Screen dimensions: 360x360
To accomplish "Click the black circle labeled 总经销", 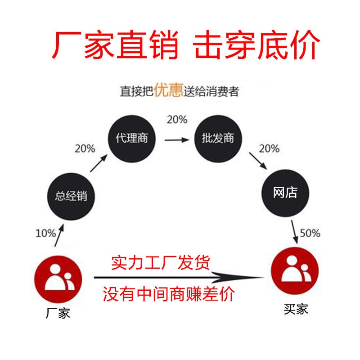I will point(71,196).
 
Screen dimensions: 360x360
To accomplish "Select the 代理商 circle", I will point(132,138).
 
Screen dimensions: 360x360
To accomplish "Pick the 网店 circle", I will point(285,193).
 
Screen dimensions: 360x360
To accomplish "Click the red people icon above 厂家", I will point(58,276).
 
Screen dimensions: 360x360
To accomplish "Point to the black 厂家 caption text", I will point(58,313).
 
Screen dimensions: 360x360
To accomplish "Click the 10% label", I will point(45,233).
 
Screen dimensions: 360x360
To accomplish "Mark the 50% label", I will point(310,233).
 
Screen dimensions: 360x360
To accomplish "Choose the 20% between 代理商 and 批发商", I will point(177,120).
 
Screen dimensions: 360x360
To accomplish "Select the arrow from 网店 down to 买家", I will point(295,231).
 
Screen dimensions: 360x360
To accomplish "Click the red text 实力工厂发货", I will point(160,262).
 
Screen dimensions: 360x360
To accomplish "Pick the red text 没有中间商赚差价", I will point(169,295).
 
